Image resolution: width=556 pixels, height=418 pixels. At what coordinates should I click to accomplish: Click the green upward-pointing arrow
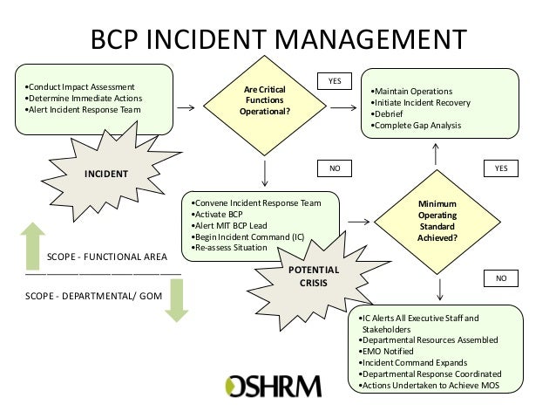click(x=31, y=239)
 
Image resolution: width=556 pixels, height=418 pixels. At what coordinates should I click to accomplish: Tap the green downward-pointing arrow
click(x=175, y=300)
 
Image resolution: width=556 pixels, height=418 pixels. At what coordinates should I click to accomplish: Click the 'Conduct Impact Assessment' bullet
click(x=79, y=87)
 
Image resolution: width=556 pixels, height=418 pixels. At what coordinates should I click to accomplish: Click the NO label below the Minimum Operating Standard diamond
click(x=500, y=278)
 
